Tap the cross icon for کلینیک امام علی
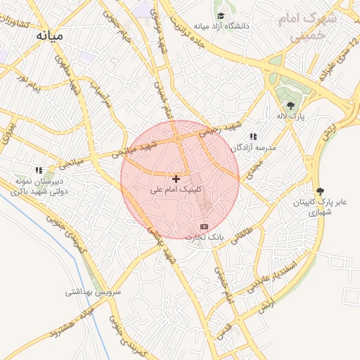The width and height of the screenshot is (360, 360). (x=176, y=179)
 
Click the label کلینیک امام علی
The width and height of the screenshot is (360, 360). (x=176, y=189)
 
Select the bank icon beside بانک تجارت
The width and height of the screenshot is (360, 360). (x=204, y=226)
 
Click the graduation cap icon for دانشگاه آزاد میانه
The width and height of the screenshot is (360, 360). (x=221, y=15)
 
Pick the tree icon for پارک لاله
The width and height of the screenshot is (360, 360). (x=290, y=105)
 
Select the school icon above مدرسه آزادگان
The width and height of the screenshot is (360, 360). (x=253, y=136)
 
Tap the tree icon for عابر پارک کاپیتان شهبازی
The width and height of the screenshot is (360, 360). (x=321, y=191)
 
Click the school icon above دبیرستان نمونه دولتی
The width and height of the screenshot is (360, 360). (x=39, y=169)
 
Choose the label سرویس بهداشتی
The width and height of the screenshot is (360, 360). (x=94, y=291)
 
